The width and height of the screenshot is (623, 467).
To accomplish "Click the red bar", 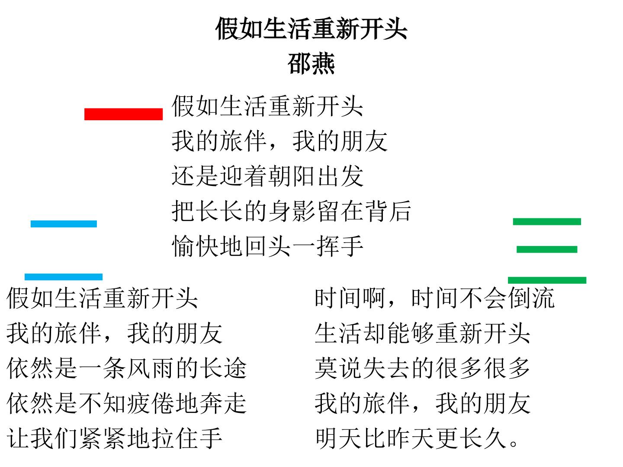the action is pos(123,114).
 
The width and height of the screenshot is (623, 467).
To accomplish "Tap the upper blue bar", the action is pos(64,224).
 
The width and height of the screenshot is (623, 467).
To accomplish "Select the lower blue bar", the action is pos(64,277).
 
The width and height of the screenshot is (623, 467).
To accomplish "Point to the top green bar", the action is pos(547,222).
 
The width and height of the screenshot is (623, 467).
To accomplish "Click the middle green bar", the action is pos(547,249).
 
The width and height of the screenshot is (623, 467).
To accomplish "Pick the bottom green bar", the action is pos(547,281).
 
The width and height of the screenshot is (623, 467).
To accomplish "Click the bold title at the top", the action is pos(311,29).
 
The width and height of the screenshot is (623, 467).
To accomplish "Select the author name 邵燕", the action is pos(311,63).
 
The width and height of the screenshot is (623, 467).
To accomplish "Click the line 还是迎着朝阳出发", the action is pos(267,176).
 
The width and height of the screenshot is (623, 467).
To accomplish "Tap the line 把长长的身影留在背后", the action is pos(291,211).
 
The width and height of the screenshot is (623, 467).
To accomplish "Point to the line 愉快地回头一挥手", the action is pos(267,246).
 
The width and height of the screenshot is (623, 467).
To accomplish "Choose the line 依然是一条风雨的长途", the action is pos(127,368).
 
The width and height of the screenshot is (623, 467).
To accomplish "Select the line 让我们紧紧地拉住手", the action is pos(114,438).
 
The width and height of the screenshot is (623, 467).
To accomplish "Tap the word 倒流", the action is pos(531,298).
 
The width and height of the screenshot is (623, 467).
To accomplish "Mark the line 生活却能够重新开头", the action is pos(422,333).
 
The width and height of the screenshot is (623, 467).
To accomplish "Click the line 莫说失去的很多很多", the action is pos(422,368).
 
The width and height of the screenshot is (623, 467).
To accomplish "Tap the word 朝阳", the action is pos(291,176).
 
